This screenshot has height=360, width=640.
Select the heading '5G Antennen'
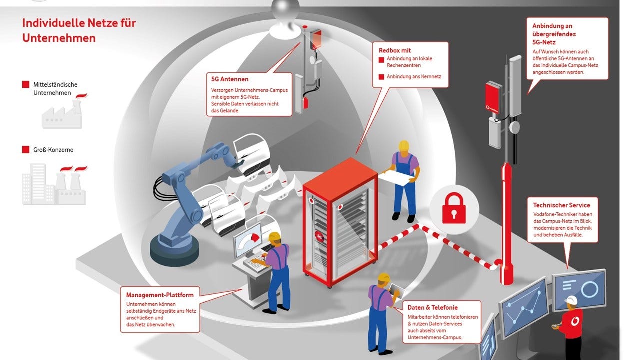[230, 79]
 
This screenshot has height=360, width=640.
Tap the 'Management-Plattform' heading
[159, 295]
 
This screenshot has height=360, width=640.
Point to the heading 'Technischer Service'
[561, 205]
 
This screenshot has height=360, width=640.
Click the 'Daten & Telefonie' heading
[432, 307]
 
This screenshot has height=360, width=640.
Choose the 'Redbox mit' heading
[395, 50]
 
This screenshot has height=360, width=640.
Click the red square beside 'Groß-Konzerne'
[26, 150]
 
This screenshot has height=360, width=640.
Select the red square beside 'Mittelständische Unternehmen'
[26, 85]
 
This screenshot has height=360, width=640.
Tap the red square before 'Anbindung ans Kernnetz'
[381, 77]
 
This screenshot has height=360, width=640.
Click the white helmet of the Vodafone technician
[570, 300]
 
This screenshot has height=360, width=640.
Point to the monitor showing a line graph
[524, 307]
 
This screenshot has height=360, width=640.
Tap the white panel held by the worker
[397, 176]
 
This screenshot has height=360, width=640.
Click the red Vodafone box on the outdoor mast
[493, 96]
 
